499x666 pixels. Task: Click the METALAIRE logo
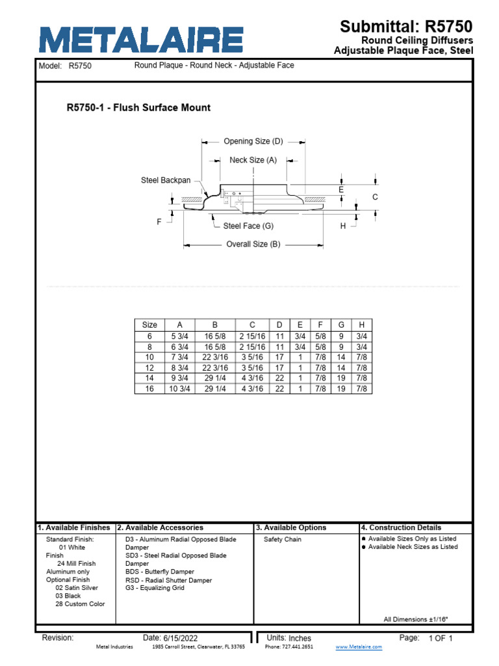tap(141, 40)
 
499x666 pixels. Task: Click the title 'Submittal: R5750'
tap(406, 27)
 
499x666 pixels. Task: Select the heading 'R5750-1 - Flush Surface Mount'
tap(138, 107)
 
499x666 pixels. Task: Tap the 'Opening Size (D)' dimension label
tap(253, 141)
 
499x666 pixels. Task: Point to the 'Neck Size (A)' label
tap(253, 160)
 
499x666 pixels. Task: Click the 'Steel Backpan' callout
tap(166, 180)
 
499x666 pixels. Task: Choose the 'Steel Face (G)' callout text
tap(248, 226)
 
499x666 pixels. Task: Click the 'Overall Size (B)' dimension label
tap(253, 245)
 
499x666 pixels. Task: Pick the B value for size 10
tap(215, 357)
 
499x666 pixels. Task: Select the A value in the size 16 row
tap(179, 388)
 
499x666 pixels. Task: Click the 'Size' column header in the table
tap(149, 325)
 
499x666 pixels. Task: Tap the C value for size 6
tap(252, 336)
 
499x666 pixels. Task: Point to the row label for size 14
tap(149, 378)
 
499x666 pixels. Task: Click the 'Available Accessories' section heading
tap(164, 527)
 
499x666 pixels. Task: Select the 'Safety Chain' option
tap(283, 539)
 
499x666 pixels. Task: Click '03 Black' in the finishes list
tap(68, 596)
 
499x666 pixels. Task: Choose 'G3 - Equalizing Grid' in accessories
tap(155, 588)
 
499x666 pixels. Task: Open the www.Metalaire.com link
tap(359, 647)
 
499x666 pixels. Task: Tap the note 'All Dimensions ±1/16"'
tap(416, 619)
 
